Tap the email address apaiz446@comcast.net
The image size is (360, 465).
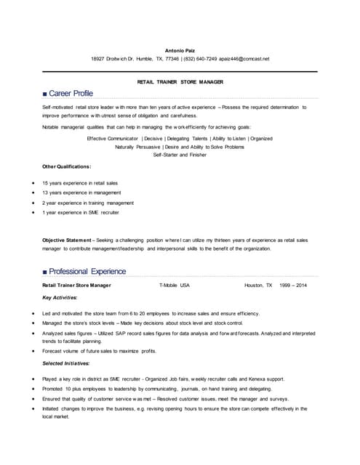[244, 59]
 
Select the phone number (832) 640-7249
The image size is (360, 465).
[199, 59]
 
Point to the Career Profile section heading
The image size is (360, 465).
[70, 94]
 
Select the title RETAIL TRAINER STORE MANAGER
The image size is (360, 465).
[180, 82]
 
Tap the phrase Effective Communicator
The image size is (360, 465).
[112, 138]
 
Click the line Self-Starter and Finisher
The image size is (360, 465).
[180, 154]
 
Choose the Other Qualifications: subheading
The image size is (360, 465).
[67, 166]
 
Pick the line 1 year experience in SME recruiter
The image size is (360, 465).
[81, 213]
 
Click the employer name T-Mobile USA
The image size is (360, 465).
[174, 286]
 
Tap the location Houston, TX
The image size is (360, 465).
[258, 286]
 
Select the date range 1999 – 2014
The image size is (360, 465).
[293, 286]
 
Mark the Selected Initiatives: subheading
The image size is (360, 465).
[66, 363]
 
